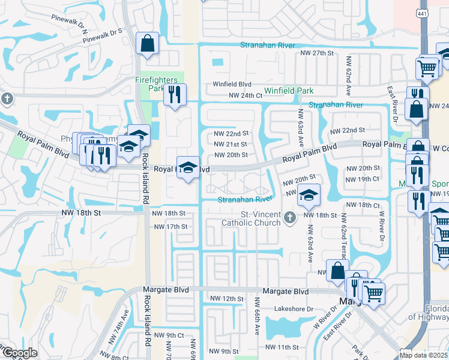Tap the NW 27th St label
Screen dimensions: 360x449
click(x=317, y=53)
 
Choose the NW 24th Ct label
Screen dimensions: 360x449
click(x=246, y=95)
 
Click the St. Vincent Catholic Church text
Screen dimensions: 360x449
click(x=252, y=218)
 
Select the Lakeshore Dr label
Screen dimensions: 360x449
click(x=294, y=309)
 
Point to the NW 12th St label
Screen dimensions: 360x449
click(x=227, y=298)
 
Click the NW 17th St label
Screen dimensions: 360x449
click(x=171, y=227)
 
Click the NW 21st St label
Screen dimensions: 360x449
click(x=231, y=144)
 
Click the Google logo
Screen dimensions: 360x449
click(x=20, y=353)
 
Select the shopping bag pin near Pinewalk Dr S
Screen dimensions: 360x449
click(x=147, y=44)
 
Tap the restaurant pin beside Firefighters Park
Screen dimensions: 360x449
click(x=175, y=94)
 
